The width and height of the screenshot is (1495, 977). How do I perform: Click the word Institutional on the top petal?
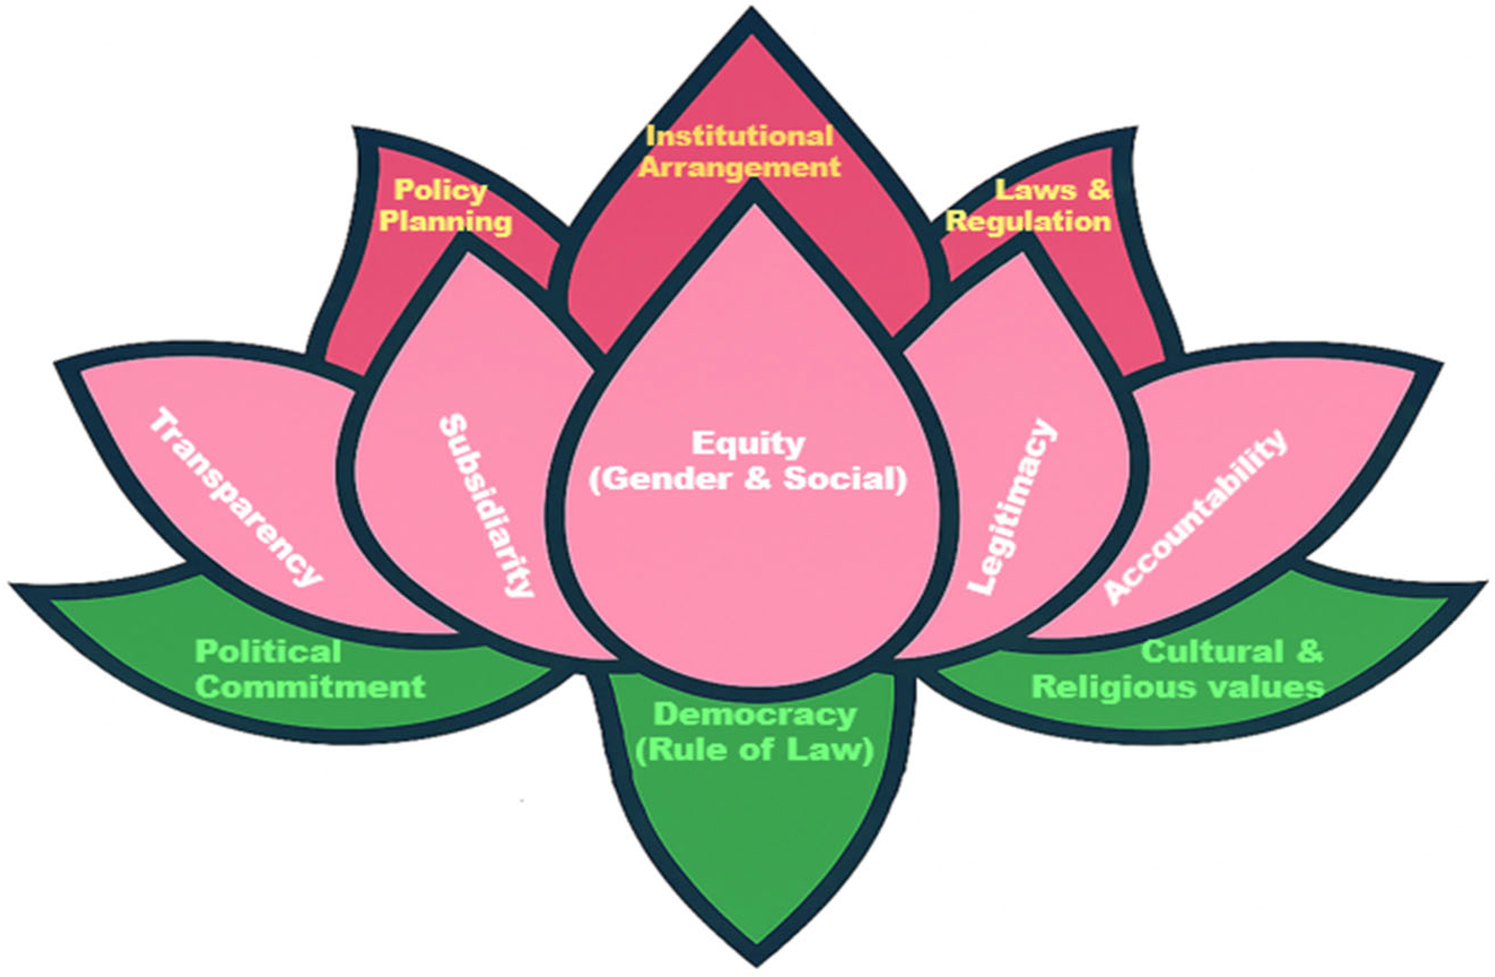pos(740,136)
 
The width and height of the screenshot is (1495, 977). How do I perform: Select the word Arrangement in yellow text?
pos(740,168)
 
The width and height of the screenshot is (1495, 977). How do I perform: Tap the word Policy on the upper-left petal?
pos(440,190)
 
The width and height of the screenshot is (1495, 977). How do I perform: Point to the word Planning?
pos(445,222)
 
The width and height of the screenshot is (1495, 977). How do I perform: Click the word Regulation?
pos(1028,222)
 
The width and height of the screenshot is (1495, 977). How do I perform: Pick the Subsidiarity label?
pos(486,504)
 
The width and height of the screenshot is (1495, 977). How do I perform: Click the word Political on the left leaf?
pos(268,652)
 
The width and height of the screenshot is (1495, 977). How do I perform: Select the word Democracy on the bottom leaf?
pos(754,715)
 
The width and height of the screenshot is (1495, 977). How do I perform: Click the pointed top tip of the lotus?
pos(751,14)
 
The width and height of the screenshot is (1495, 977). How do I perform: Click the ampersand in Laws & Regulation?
pos(1098,190)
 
